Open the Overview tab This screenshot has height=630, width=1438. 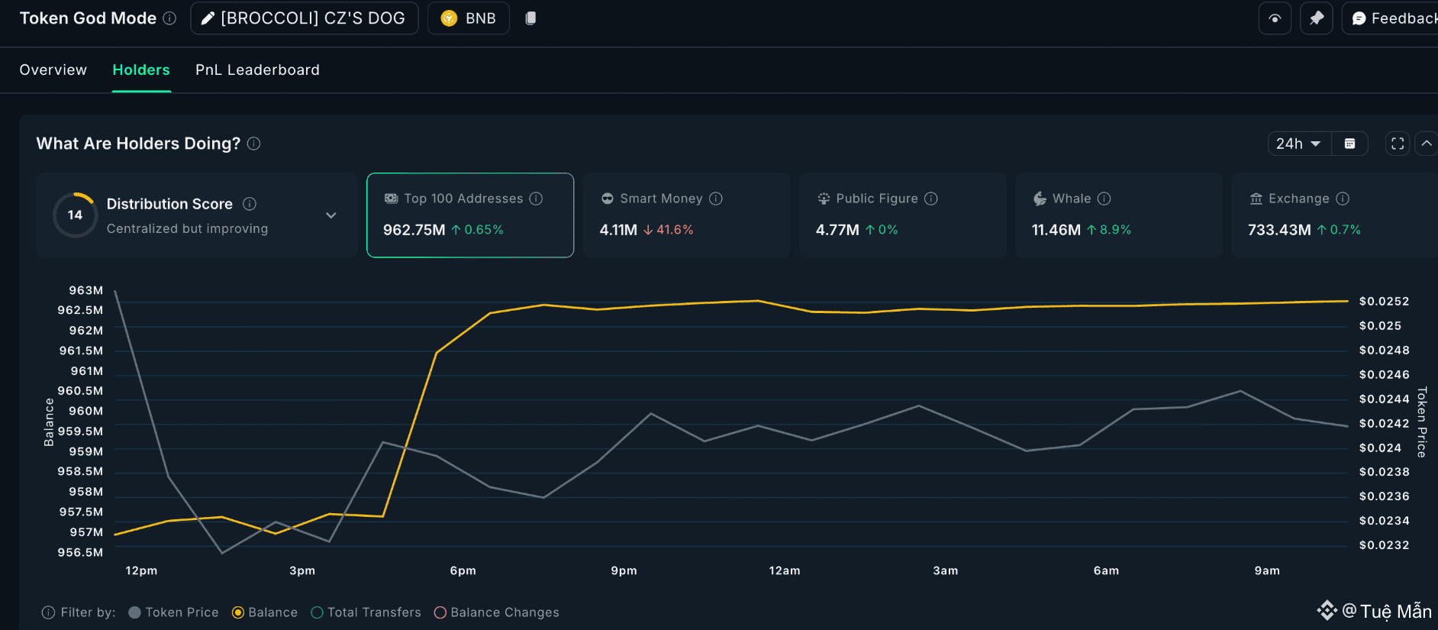(x=53, y=70)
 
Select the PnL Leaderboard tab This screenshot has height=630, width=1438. (x=257, y=70)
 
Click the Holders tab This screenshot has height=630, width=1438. (x=141, y=70)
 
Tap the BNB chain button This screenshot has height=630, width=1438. (x=469, y=18)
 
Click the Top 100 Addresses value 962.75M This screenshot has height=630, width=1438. (x=414, y=230)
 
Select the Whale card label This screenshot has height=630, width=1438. (x=1071, y=199)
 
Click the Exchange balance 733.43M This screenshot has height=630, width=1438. (x=1278, y=230)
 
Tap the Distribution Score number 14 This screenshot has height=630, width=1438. (x=75, y=215)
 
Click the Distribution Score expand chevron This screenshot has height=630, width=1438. (x=331, y=215)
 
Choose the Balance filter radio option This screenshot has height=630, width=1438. (x=238, y=612)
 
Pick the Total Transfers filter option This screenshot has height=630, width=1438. (x=318, y=612)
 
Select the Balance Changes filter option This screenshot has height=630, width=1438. (x=440, y=612)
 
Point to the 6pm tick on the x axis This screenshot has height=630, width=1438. (x=463, y=570)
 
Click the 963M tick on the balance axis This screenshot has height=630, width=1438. (x=85, y=290)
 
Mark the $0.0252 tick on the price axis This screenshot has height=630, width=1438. (x=1384, y=302)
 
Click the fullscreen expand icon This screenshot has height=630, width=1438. (x=1398, y=144)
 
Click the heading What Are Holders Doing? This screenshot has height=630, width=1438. (x=138, y=144)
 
